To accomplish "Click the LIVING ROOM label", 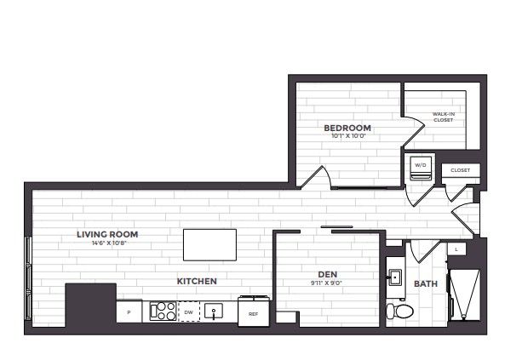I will tap(107, 234).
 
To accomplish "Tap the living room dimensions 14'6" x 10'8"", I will tap(107, 243).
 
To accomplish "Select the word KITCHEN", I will tap(197, 281).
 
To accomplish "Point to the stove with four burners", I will tap(162, 311).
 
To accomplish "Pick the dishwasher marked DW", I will tap(188, 312).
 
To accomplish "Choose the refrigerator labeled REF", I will tap(253, 311).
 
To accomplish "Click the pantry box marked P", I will tap(129, 312).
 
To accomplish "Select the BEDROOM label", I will tap(347, 129).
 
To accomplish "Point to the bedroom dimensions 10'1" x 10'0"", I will tap(347, 138).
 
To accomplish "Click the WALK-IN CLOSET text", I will tap(444, 117).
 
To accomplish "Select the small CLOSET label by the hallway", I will tap(460, 170).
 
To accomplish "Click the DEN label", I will tap(328, 274).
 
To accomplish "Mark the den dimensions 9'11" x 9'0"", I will tap(328, 283).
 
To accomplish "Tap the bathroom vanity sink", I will tap(395, 277).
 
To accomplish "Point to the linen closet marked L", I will tap(456, 249).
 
